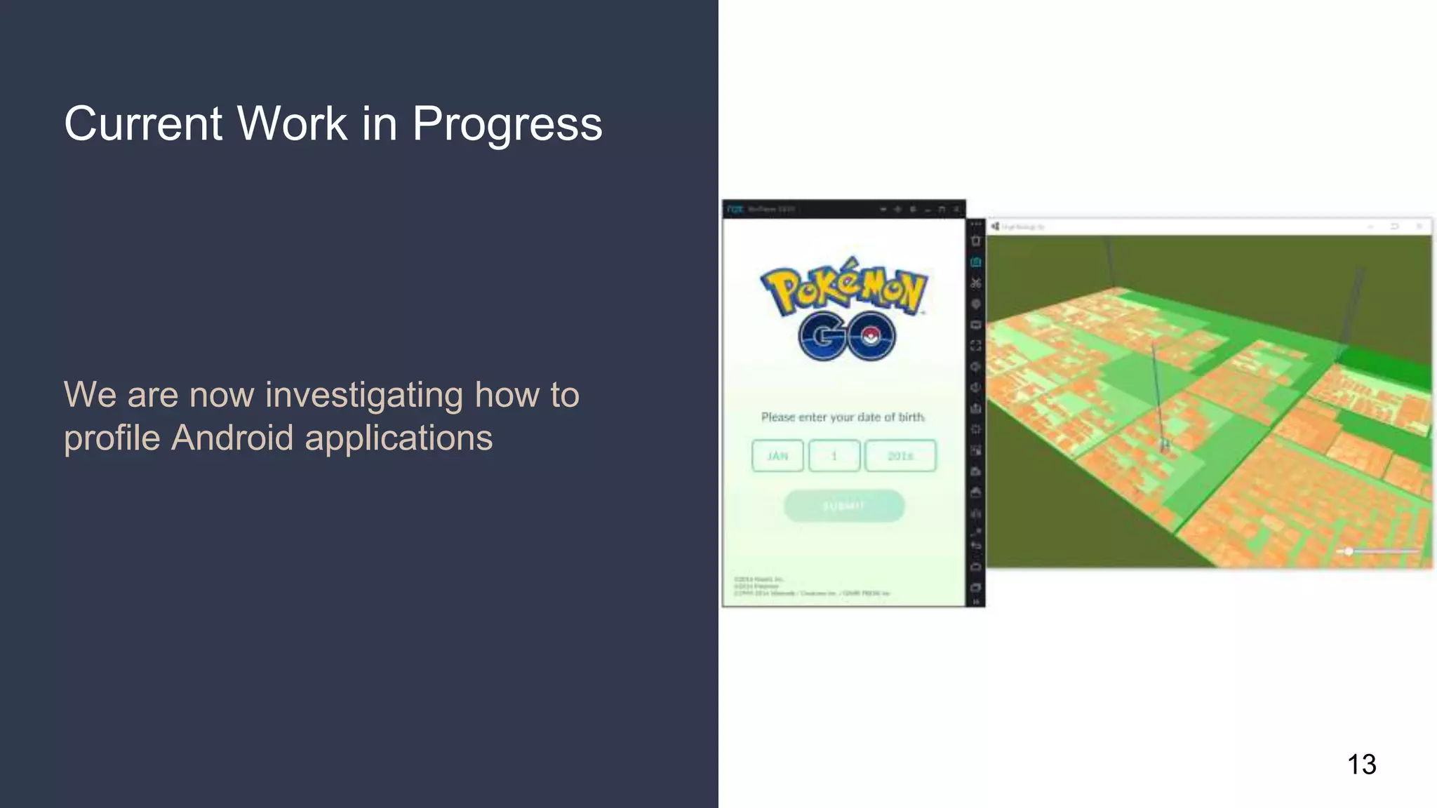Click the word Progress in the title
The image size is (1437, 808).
[507, 125]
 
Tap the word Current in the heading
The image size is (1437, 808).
[143, 124]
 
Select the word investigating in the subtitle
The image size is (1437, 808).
[364, 394]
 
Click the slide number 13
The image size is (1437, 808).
[1361, 765]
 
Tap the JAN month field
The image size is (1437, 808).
[777, 456]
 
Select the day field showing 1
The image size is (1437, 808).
[834, 456]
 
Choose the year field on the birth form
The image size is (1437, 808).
[900, 456]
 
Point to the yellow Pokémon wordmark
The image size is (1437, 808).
[844, 288]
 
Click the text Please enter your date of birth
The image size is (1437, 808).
[843, 417]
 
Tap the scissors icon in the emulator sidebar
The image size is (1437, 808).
[975, 283]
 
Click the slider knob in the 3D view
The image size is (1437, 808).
[1349, 551]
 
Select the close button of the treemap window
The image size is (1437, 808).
[1419, 227]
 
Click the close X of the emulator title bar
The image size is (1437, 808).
[956, 209]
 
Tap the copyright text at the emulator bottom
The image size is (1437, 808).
[811, 586]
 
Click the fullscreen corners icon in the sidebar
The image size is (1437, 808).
[975, 346]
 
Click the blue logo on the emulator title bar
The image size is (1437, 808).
[735, 209]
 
